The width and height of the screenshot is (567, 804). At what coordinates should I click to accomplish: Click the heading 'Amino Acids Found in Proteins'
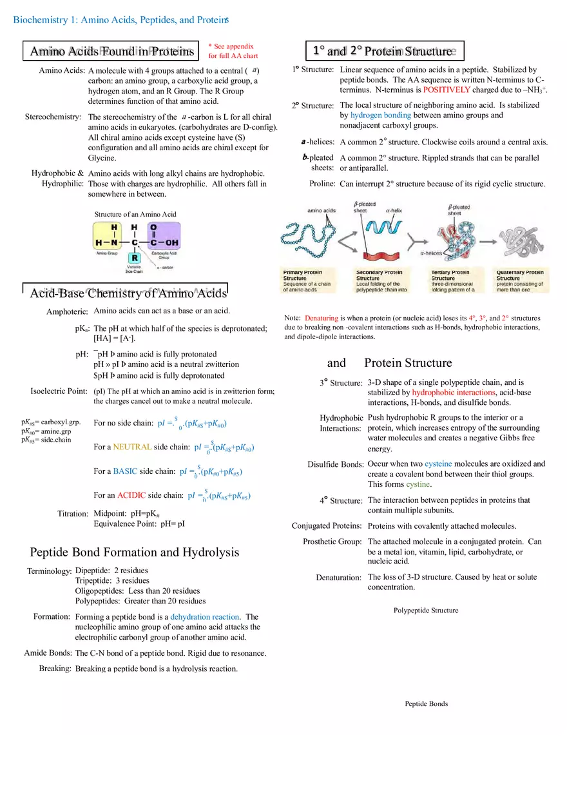[111, 51]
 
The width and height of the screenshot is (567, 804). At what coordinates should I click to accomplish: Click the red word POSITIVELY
[447, 90]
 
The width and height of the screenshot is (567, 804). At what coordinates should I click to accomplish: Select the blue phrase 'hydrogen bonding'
[380, 115]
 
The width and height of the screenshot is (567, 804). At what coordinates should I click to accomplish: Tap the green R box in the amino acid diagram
[135, 258]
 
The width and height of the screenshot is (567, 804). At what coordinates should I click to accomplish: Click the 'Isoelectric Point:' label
[59, 391]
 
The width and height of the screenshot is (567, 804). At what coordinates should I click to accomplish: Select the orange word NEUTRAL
[132, 447]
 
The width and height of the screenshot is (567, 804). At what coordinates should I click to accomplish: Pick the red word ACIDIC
[131, 495]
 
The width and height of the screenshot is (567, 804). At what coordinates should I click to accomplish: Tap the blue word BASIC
[125, 471]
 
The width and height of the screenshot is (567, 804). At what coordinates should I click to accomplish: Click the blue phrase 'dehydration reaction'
[204, 616]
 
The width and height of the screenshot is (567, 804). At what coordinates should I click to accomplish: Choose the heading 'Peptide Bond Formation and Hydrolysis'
[134, 552]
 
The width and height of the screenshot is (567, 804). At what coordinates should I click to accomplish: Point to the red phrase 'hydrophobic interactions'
[454, 392]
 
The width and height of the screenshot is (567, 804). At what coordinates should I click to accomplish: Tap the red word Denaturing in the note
[322, 318]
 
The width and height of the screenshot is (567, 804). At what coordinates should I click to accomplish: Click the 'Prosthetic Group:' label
[332, 542]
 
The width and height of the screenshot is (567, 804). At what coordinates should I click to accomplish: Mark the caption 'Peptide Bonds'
[426, 703]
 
